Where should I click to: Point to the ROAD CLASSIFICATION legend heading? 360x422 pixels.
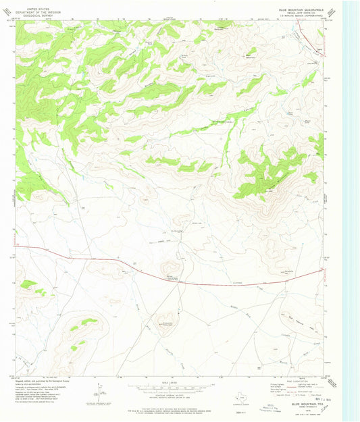(x=300, y=382)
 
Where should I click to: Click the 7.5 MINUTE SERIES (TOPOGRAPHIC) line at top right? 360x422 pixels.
(x=301, y=14)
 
